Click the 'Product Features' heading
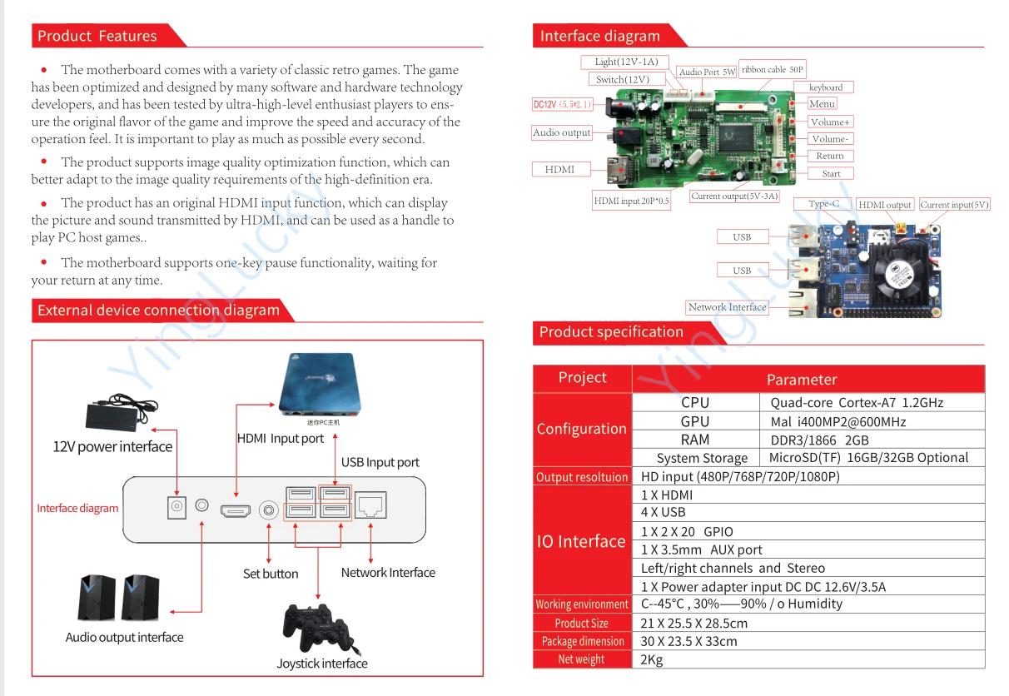97,36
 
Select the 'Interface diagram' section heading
599,36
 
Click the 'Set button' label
270,574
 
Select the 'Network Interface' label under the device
388,573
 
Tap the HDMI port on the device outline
235,510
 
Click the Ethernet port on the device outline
370,505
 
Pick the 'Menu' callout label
822,104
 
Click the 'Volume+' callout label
830,122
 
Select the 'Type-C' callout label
823,204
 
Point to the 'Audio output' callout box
562,132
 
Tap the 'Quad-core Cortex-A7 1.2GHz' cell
857,402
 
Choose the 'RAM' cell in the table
695,440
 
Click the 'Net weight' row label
581,659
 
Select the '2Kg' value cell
652,659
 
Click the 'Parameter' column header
801,379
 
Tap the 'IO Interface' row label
581,541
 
